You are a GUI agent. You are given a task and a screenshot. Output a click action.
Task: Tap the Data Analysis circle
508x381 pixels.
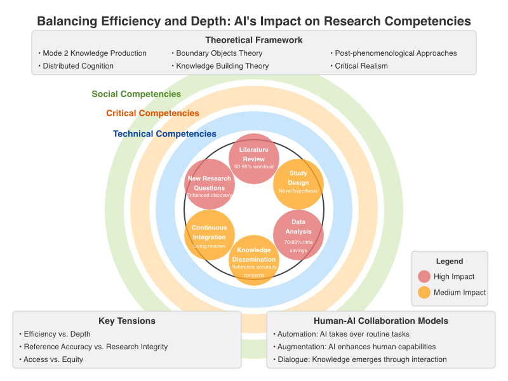click(x=298, y=234)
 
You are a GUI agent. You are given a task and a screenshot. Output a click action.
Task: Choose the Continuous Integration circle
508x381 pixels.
click(x=210, y=234)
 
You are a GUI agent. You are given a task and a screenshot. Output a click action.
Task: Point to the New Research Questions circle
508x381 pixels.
click(x=210, y=184)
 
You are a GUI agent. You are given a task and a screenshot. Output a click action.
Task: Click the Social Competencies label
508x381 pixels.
click(x=136, y=94)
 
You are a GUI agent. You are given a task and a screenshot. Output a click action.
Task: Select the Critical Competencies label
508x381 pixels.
click(x=152, y=114)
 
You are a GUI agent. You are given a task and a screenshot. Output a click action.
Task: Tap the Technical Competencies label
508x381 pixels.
click(x=164, y=134)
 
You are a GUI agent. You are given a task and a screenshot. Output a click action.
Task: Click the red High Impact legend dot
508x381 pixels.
click(x=424, y=276)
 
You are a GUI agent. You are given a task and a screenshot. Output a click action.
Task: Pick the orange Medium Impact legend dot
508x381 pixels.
click(x=424, y=292)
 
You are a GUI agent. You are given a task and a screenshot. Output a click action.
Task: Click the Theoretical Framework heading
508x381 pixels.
click(x=254, y=40)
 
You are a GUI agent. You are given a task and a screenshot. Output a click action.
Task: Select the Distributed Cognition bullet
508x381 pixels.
click(x=78, y=65)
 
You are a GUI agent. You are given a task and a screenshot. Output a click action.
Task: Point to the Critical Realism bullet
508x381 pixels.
click(x=361, y=65)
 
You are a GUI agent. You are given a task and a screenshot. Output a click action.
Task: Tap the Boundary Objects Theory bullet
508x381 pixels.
click(x=219, y=53)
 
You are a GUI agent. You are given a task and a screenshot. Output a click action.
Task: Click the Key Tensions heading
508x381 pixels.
click(x=127, y=321)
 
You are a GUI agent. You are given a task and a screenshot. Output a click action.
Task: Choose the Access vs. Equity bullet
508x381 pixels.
click(x=53, y=359)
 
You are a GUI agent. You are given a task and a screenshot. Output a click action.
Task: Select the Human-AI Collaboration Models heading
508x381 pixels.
click(x=381, y=321)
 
